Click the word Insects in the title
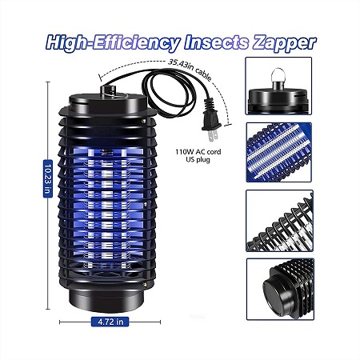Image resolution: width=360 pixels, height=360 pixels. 217,42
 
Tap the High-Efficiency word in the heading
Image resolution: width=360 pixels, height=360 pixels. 113,43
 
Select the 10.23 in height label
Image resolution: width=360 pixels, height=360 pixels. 48,178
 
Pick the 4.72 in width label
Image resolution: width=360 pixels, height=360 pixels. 110,322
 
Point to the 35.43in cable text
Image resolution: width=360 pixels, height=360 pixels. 190,69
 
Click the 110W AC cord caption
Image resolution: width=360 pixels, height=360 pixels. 198,152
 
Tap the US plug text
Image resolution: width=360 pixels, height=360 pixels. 198,160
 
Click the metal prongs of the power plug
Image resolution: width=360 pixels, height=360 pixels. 213,135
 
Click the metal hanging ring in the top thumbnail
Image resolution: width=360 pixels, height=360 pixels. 278,75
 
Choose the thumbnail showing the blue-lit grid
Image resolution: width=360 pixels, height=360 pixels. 279,152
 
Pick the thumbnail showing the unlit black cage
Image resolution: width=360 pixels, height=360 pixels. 279,221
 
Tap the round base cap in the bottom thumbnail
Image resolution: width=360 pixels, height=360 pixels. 275,290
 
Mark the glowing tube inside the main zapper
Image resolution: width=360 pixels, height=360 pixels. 106,208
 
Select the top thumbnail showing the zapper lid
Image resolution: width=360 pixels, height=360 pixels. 278,86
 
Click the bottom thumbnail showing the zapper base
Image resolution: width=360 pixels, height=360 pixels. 280,289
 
